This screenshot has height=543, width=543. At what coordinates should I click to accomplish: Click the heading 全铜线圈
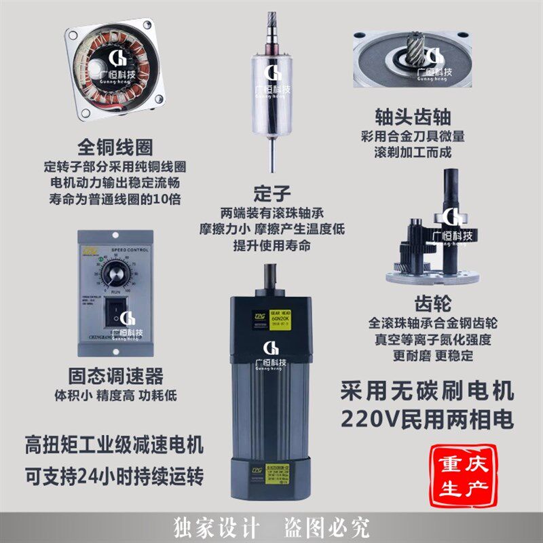point(115,147)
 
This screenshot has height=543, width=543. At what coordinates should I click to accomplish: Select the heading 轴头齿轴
point(413,116)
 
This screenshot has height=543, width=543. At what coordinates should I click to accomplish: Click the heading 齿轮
point(432,302)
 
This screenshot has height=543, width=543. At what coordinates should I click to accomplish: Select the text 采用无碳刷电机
point(426,391)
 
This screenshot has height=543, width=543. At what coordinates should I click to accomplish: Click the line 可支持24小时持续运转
point(114,475)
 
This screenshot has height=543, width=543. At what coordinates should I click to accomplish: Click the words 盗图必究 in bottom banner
point(333,526)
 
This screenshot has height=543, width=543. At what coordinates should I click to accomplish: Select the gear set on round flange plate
point(434,244)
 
